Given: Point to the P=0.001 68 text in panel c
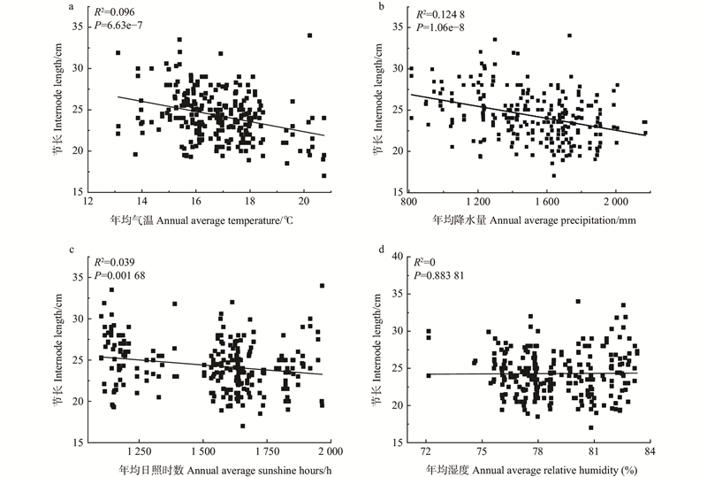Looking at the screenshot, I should [123, 276].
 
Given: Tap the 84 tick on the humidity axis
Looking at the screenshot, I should [648, 452].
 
